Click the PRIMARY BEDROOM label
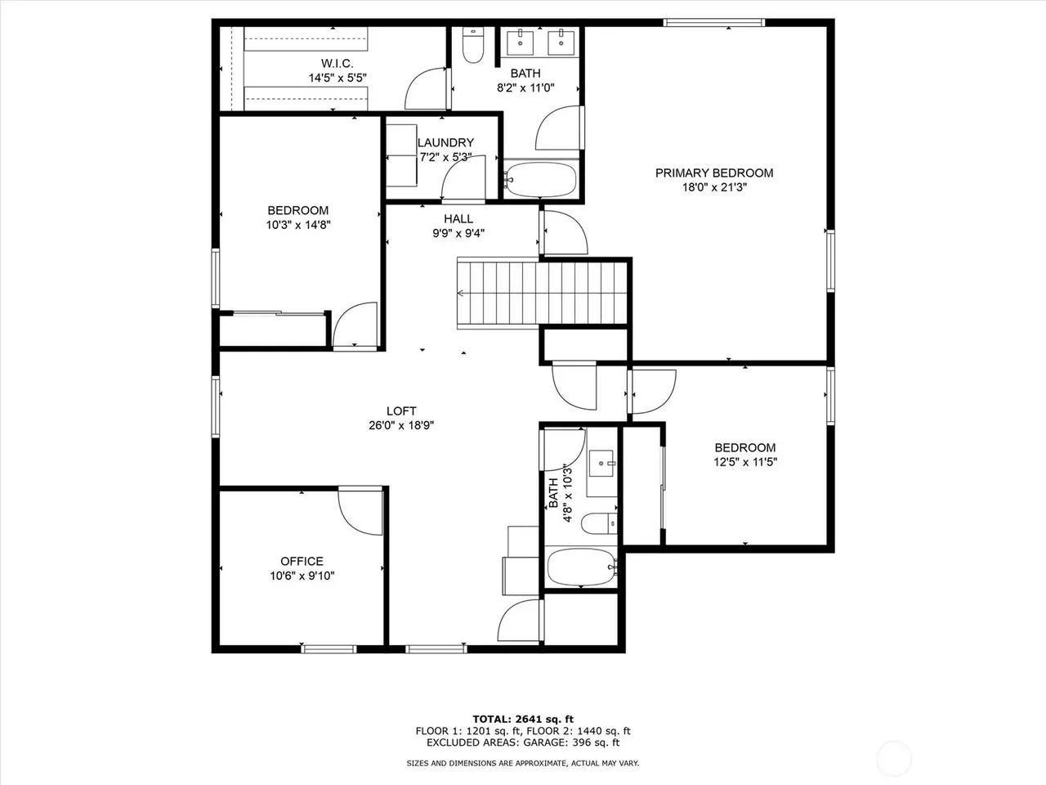pyautogui.click(x=714, y=173)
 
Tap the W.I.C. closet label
pyautogui.click(x=337, y=64)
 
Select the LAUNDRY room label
pyautogui.click(x=445, y=142)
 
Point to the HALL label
pyautogui.click(x=458, y=219)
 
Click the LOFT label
pyautogui.click(x=401, y=410)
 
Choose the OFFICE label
pyautogui.click(x=302, y=561)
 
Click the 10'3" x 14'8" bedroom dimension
pyautogui.click(x=298, y=225)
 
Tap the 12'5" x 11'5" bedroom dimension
pyautogui.click(x=745, y=462)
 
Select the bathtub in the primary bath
pyautogui.click(x=540, y=180)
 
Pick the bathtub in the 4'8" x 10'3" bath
pyautogui.click(x=582, y=567)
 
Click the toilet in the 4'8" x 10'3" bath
pyautogui.click(x=599, y=523)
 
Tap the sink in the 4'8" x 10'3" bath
pyautogui.click(x=602, y=463)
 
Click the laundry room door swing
pyautogui.click(x=463, y=177)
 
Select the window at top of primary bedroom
pyautogui.click(x=714, y=22)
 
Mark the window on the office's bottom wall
pyautogui.click(x=329, y=648)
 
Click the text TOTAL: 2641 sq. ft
pyautogui.click(x=523, y=720)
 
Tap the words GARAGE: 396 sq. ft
pyautogui.click(x=571, y=742)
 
